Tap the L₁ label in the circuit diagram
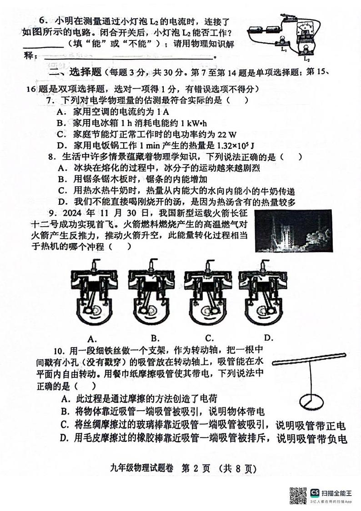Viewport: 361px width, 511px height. tap(284, 50)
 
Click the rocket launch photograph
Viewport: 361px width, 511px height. tap(293, 231)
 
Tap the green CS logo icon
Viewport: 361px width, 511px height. tap(315, 492)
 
